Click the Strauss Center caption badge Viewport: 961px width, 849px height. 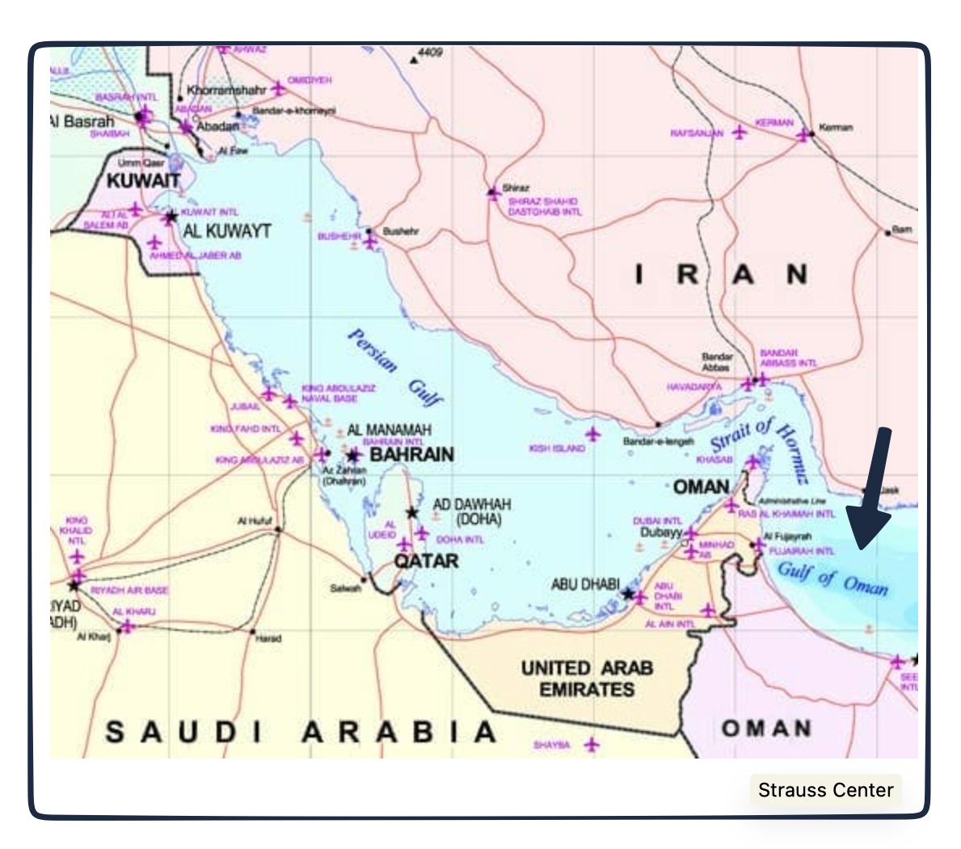[x=825, y=789]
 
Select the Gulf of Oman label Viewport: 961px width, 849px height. [x=832, y=578]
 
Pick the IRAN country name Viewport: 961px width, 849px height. [x=721, y=275]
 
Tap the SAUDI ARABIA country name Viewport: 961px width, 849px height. [x=301, y=732]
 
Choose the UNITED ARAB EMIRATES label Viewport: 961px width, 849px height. [x=587, y=679]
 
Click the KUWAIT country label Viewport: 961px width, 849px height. [x=144, y=180]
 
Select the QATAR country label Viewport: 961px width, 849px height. [x=426, y=561]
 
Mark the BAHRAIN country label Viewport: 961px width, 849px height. [x=411, y=455]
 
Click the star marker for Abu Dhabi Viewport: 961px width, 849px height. [x=628, y=594]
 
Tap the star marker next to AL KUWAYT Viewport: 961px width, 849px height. [x=171, y=217]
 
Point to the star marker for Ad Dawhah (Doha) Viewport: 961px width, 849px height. [x=411, y=512]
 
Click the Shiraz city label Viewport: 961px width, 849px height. [x=516, y=187]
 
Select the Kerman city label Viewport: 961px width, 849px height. [x=836, y=128]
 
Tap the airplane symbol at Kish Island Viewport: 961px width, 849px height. [x=594, y=435]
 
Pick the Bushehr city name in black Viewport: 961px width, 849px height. [x=401, y=231]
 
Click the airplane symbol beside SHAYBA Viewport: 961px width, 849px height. [x=592, y=744]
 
